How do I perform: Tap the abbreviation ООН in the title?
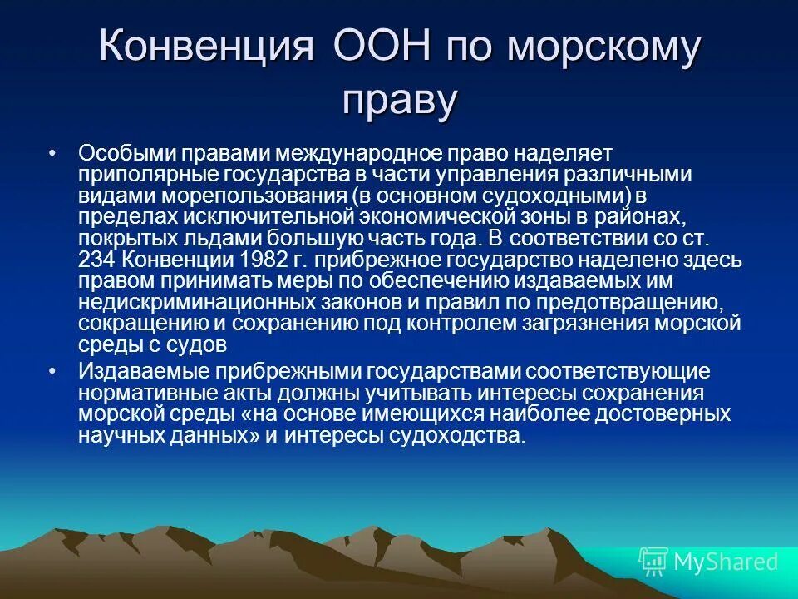pos(380,47)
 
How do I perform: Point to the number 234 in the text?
pos(96,260)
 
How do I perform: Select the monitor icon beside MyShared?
pos(653,562)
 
